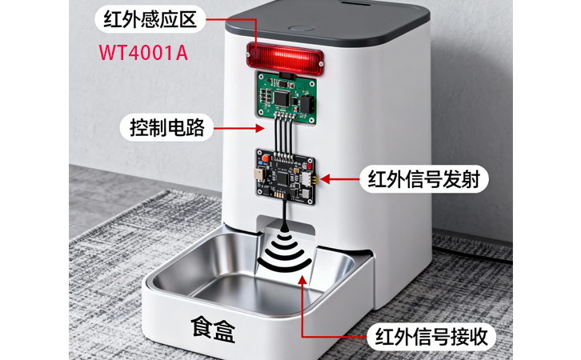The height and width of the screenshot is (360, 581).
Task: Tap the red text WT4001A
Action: (x=145, y=52)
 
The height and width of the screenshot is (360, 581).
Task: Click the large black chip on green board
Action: (x=282, y=97)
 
